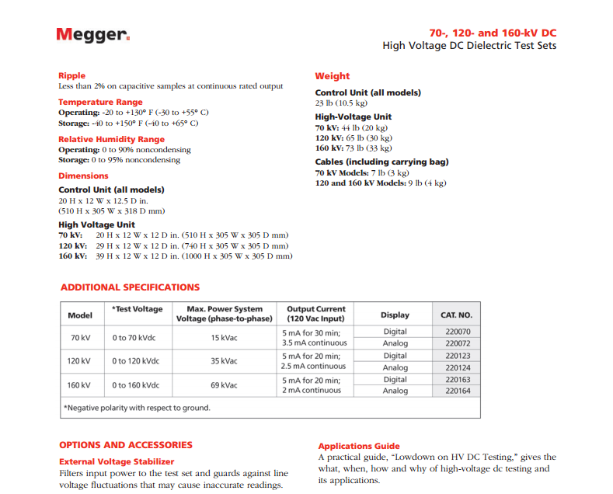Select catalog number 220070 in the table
point(458,332)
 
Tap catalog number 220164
point(458,391)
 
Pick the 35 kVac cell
point(225,361)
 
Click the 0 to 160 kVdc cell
point(135,385)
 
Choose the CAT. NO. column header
point(456,315)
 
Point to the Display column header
point(395,315)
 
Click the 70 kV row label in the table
point(80,338)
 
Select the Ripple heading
point(72,76)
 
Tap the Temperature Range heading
point(100,103)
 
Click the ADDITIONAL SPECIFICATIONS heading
point(130,287)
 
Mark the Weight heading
point(332,76)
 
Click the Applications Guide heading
point(359,446)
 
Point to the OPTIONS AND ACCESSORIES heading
point(126,445)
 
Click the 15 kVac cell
point(225,338)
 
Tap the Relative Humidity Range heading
point(111,140)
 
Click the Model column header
point(80,315)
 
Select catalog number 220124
point(458,367)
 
